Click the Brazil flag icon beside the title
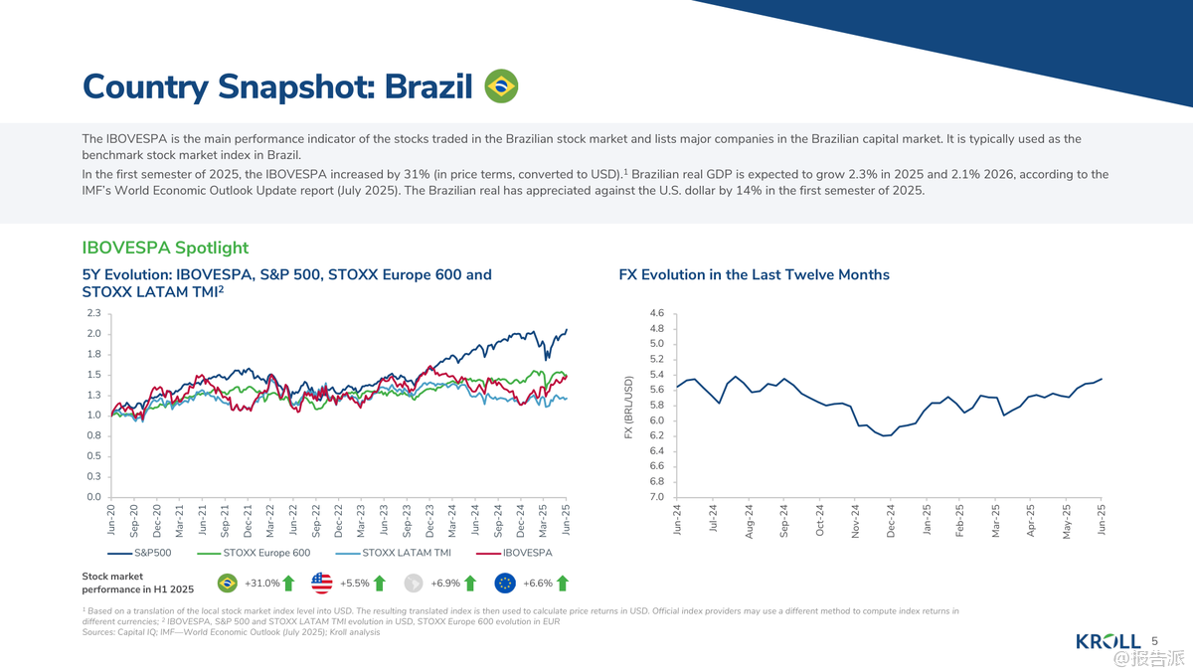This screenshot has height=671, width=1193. point(500,86)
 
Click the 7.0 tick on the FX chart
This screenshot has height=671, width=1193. point(656,497)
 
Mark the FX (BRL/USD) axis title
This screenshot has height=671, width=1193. point(628,407)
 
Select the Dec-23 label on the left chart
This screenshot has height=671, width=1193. point(429,523)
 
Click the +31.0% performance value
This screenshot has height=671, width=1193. point(261,584)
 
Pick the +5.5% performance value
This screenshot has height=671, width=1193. point(354,584)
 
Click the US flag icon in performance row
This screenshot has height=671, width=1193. point(321,584)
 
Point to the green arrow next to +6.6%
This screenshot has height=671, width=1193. point(563,584)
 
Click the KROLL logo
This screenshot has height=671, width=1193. point(1108,641)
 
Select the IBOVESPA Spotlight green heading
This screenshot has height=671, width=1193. point(165,248)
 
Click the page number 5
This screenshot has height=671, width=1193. point(1155,641)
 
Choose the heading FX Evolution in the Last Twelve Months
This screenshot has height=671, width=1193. point(754,274)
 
